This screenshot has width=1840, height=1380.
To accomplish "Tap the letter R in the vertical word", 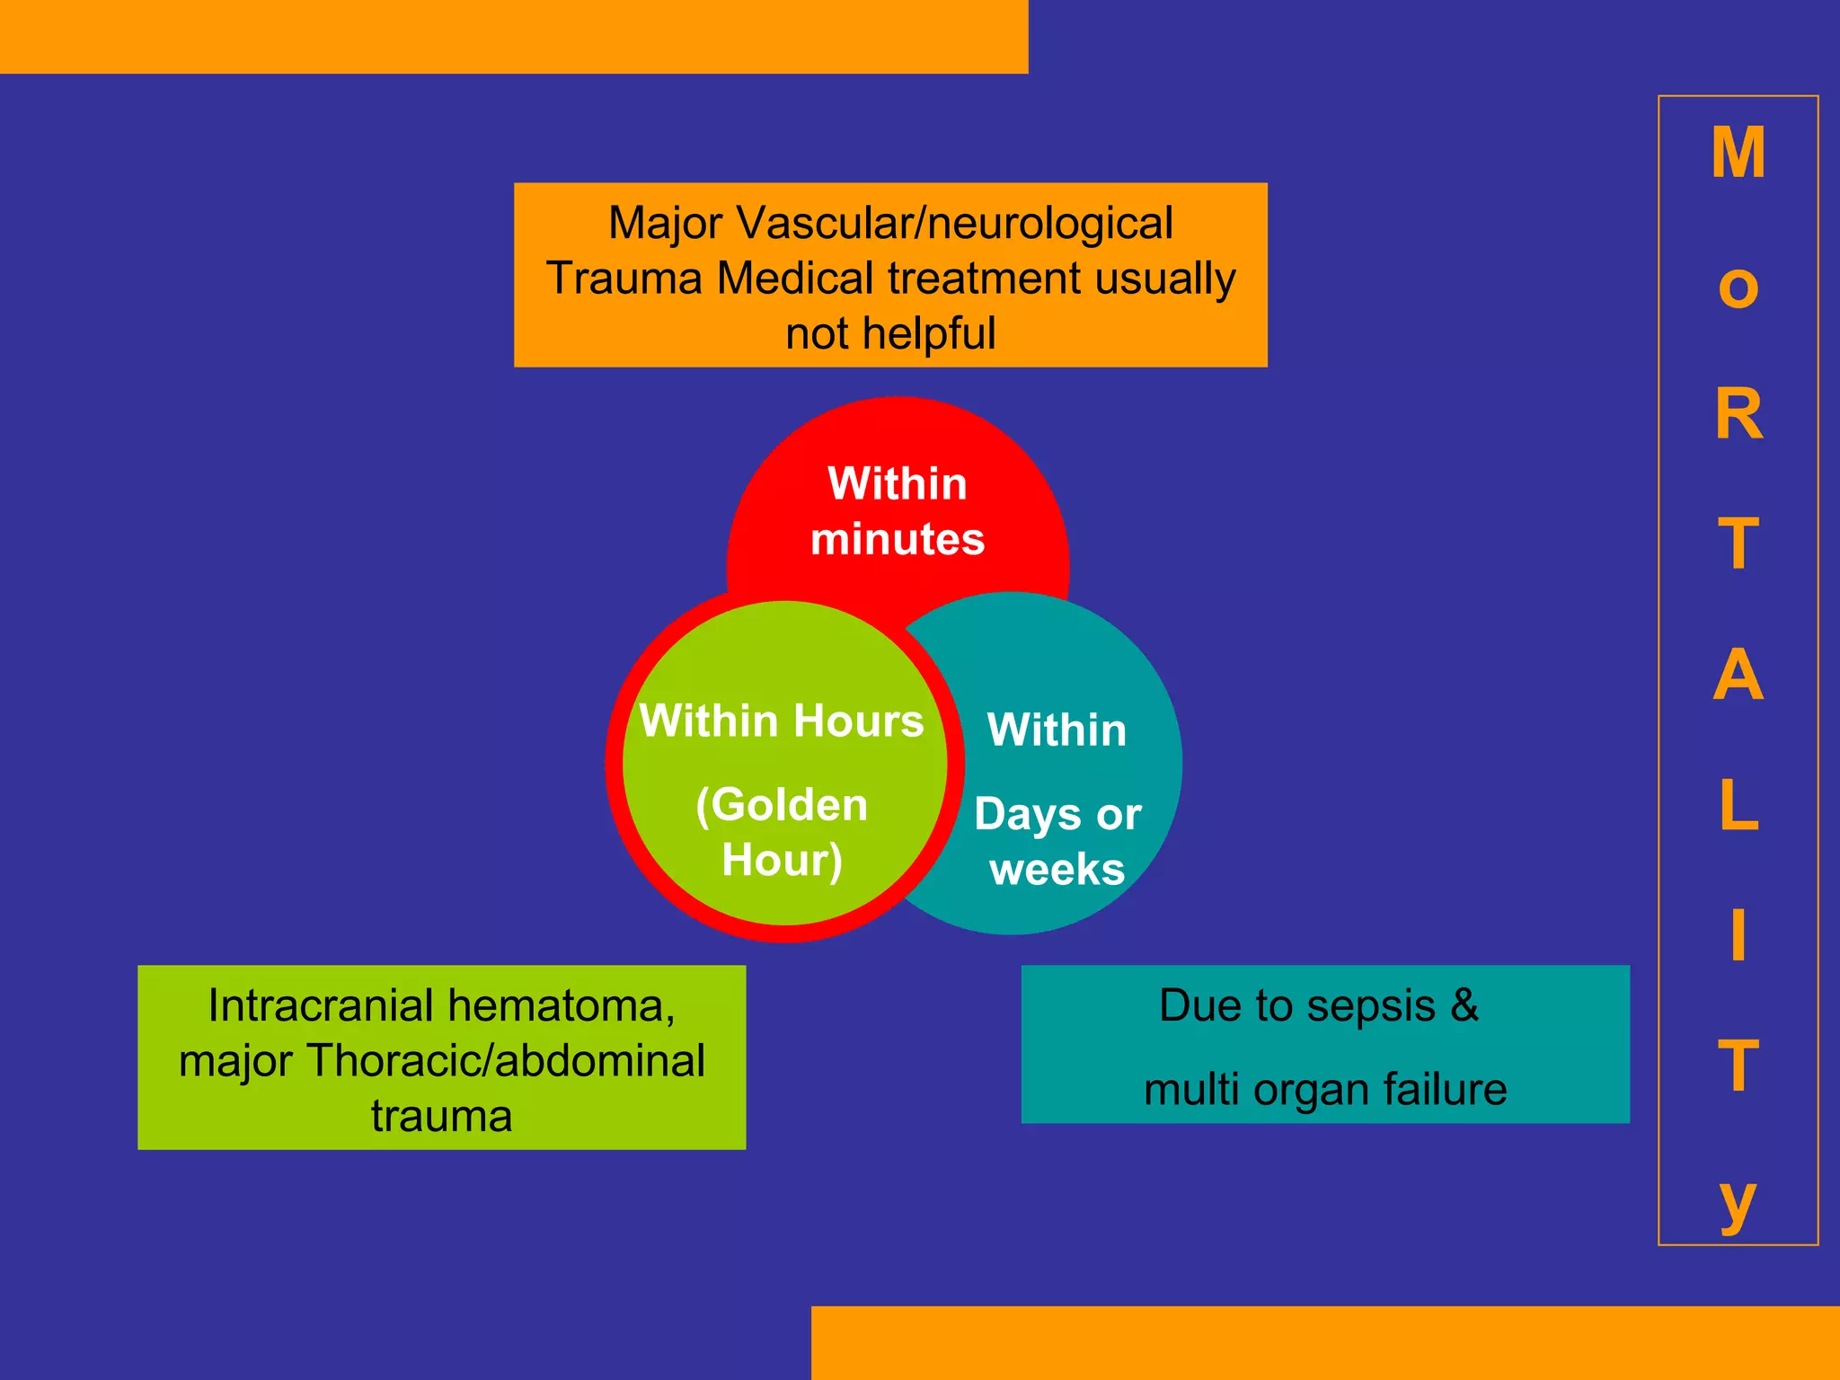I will pyautogui.click(x=1738, y=414).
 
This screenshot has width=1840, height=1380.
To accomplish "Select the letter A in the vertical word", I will pyautogui.click(x=1738, y=675).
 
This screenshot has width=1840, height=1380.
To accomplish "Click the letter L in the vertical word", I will pyautogui.click(x=1738, y=806).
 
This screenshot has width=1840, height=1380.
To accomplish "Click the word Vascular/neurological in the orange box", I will pyautogui.click(x=954, y=223).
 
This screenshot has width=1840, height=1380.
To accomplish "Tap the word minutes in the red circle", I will pyautogui.click(x=898, y=539).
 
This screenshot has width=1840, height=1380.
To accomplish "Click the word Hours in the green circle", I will pyautogui.click(x=858, y=721).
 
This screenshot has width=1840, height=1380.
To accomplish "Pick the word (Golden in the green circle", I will pyautogui.click(x=782, y=804).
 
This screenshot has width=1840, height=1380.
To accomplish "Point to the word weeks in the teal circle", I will pyautogui.click(x=1057, y=870).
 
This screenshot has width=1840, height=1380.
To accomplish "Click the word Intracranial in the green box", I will pyautogui.click(x=320, y=1005).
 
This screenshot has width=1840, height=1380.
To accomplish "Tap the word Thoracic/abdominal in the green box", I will pyautogui.click(x=506, y=1061).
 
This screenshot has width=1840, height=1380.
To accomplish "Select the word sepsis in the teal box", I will pyautogui.click(x=1371, y=1005).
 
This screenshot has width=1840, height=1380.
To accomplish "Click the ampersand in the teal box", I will pyautogui.click(x=1464, y=1004).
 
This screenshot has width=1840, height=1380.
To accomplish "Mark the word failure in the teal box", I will pyautogui.click(x=1445, y=1089).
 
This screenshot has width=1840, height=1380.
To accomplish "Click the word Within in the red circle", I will pyautogui.click(x=898, y=483).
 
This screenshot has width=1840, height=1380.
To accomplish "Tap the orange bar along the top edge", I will pyautogui.click(x=514, y=36).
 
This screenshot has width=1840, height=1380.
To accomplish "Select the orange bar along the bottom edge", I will pyautogui.click(x=1325, y=1342).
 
